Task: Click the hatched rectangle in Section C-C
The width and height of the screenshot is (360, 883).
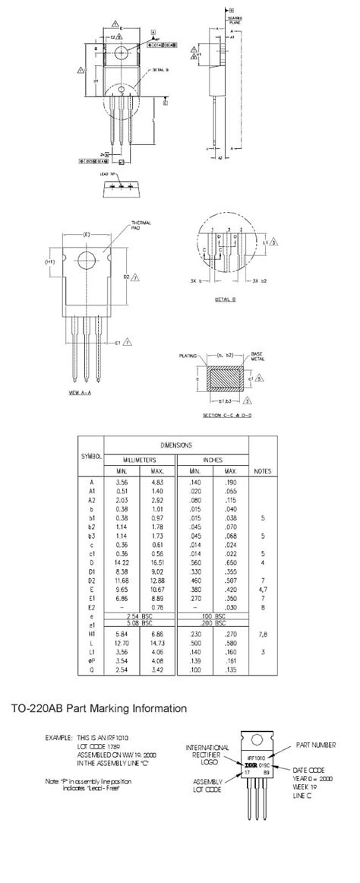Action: (x=226, y=378)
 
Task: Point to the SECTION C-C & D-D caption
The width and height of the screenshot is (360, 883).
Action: (x=226, y=415)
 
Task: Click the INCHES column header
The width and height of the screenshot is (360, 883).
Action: (x=212, y=460)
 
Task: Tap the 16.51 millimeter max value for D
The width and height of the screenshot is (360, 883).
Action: (x=157, y=563)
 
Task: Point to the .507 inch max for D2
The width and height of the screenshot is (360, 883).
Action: (x=229, y=583)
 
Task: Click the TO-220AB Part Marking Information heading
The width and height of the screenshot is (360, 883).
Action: (x=99, y=708)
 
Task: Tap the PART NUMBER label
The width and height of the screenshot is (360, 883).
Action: (x=314, y=745)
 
